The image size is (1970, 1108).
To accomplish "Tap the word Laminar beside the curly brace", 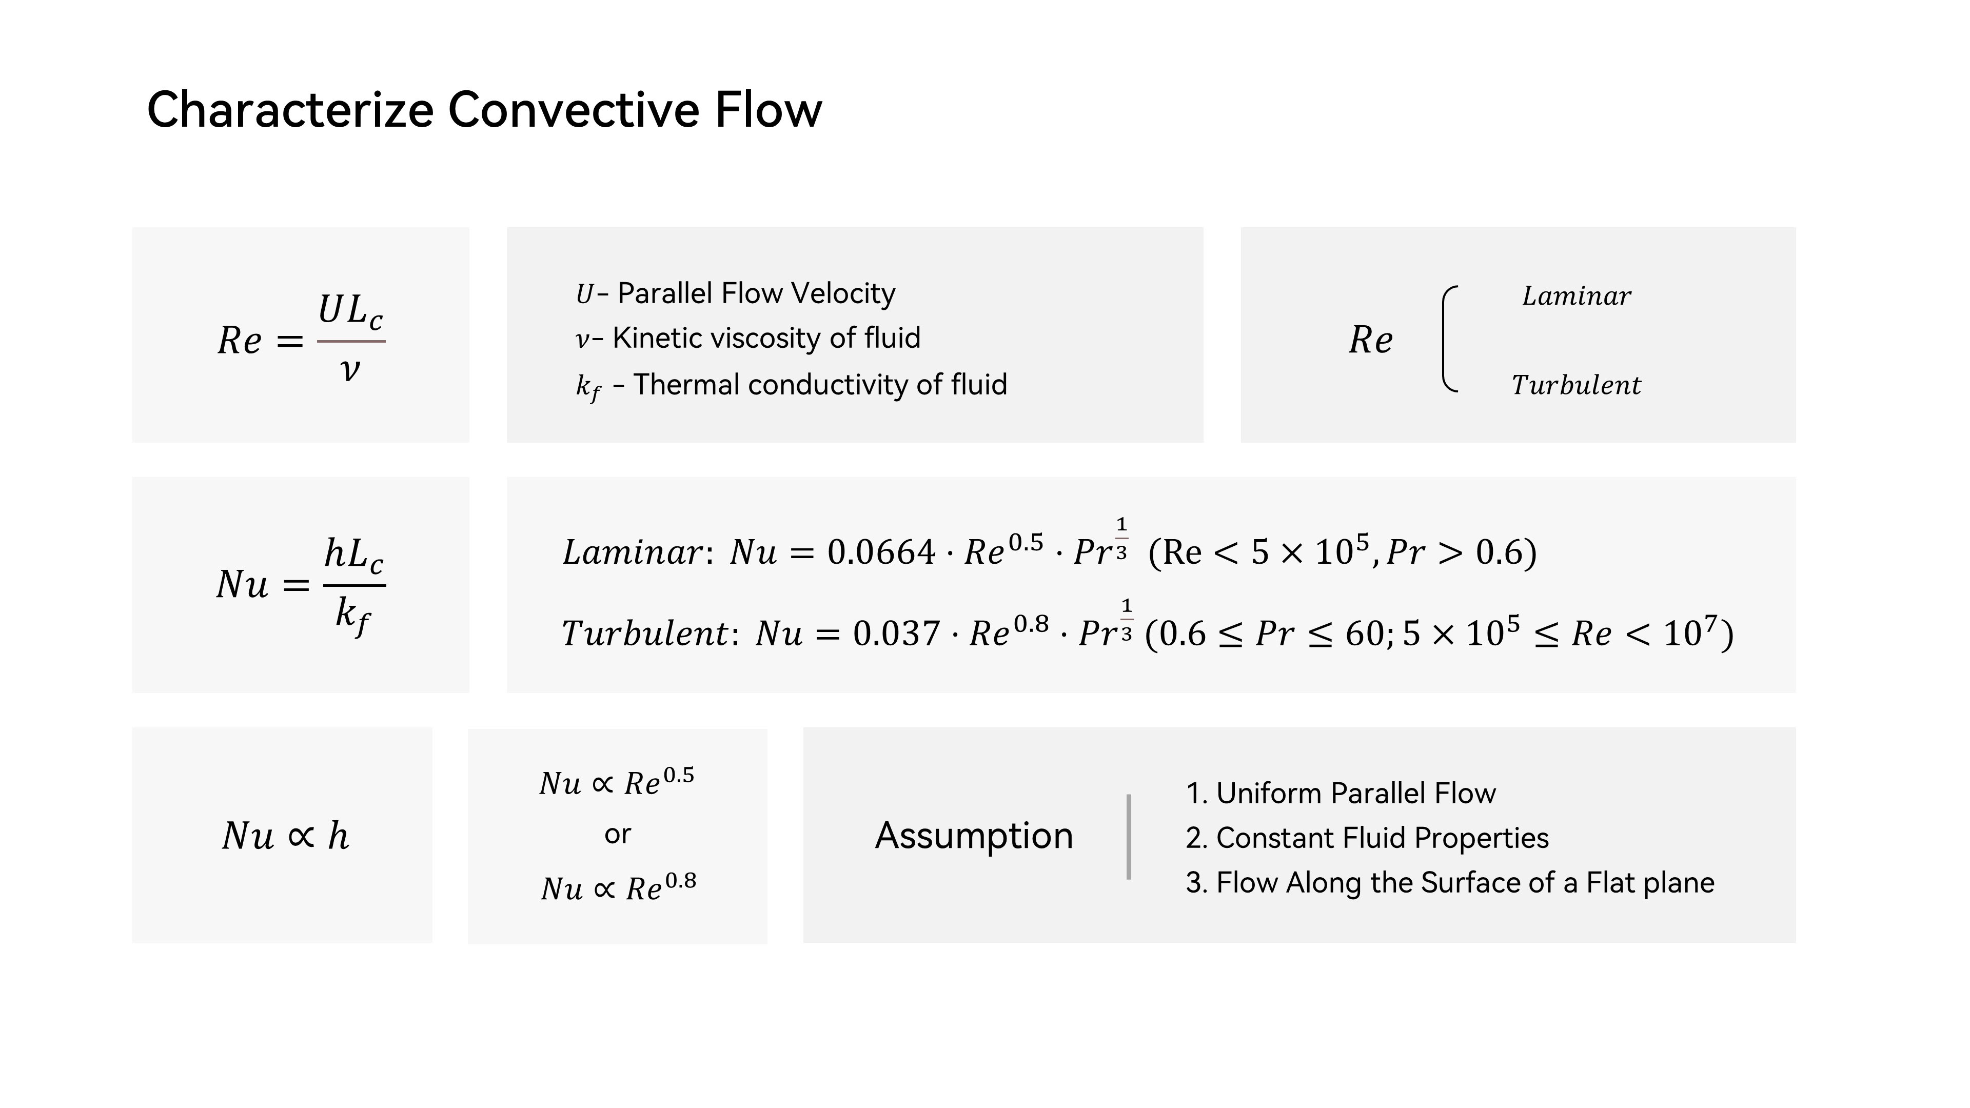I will (x=1576, y=296).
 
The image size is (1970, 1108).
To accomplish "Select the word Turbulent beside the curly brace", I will (x=1576, y=385).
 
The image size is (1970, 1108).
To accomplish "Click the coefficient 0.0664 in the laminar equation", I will (x=881, y=552).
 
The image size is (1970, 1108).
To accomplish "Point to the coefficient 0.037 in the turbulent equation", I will (x=896, y=633).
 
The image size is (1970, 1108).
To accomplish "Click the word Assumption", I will (x=974, y=835).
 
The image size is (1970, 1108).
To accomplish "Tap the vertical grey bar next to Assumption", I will (x=1129, y=837).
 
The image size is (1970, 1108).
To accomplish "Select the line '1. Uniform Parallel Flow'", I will (x=1341, y=793).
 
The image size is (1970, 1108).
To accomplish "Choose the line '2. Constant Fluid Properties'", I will (x=1367, y=838).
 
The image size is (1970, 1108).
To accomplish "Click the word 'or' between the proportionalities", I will (x=617, y=834).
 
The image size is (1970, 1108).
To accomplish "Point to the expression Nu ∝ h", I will (x=285, y=836).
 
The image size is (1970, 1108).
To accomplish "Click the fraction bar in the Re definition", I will (x=351, y=341).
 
